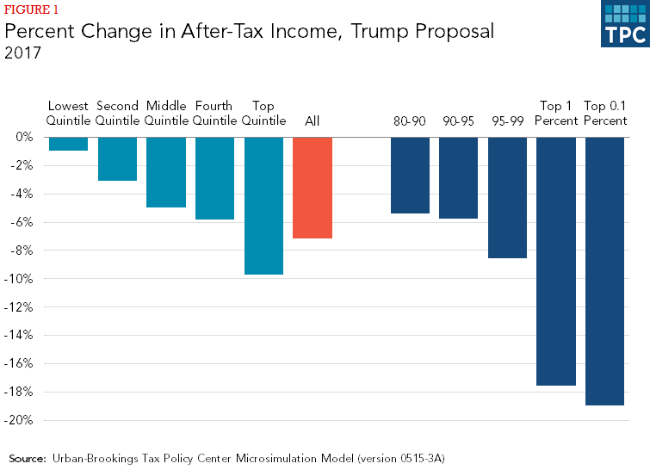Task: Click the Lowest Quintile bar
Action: [68, 144]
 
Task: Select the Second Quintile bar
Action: [117, 158]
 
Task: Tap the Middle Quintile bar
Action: [166, 172]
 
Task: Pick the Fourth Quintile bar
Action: [214, 178]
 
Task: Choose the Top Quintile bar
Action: [263, 206]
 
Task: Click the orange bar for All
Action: [313, 188]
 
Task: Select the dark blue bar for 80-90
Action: [410, 175]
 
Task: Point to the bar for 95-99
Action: [507, 197]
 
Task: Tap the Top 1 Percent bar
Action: [556, 261]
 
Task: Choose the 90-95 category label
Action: [458, 121]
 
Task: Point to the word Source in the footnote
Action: [28, 458]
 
